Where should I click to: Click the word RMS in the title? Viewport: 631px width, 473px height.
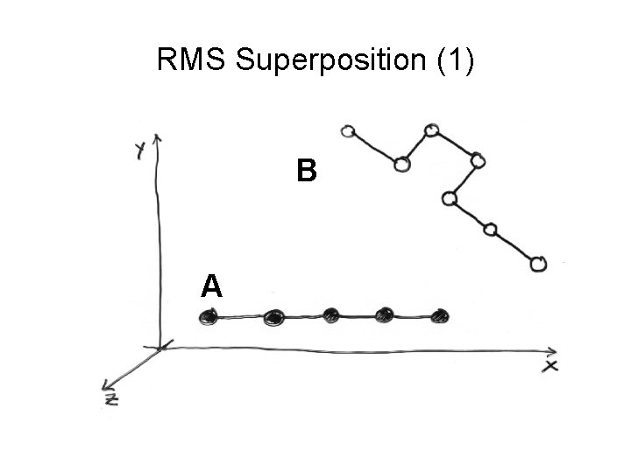coord(192,60)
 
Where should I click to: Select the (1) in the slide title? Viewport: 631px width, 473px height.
coord(454,60)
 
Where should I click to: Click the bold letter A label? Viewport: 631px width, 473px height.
coord(211,286)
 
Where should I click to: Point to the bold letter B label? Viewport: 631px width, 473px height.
coord(305,171)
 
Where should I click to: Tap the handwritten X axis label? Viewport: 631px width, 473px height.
coord(549,365)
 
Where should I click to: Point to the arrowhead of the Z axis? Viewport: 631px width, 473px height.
coord(107,385)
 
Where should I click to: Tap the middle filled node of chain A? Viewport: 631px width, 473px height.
coord(331,314)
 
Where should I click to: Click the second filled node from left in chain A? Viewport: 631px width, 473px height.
coord(273,316)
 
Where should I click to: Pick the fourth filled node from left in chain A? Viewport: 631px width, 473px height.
coord(385,314)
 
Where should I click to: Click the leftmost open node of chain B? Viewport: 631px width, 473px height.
coord(348,132)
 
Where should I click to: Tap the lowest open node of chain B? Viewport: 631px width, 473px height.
coord(539,263)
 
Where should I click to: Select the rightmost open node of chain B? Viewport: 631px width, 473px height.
coord(539,263)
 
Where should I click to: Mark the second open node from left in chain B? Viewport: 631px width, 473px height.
coord(402,164)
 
